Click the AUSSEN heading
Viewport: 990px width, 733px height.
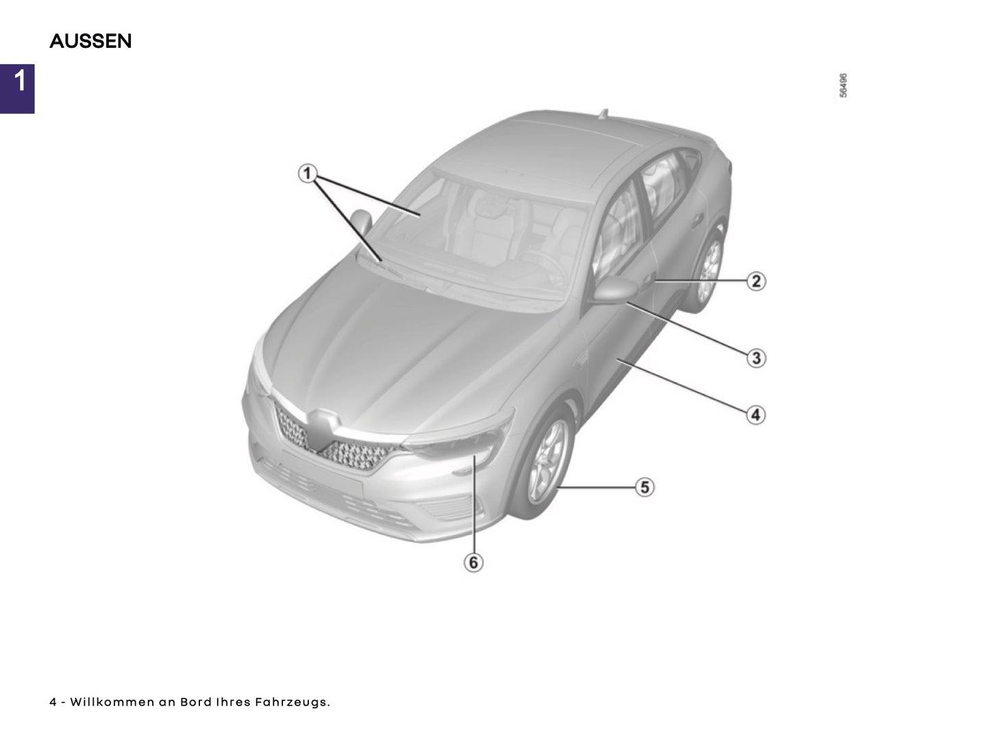pos(90,41)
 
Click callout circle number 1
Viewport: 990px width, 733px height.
pos(308,173)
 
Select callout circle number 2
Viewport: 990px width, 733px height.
pos(756,282)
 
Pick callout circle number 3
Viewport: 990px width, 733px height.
pos(756,358)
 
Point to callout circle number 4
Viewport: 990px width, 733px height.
pos(756,415)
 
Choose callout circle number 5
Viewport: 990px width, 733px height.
pos(645,487)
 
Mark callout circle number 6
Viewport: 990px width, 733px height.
pos(473,562)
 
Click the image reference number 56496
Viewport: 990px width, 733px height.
pos(843,85)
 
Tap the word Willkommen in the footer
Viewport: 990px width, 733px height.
pos(112,702)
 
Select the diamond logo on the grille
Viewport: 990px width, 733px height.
pos(321,429)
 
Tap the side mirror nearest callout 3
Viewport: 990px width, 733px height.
pos(616,288)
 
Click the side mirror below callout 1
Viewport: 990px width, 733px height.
pos(361,221)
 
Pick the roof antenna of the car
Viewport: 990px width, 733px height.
pos(603,114)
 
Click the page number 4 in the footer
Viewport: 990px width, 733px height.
pos(53,702)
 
